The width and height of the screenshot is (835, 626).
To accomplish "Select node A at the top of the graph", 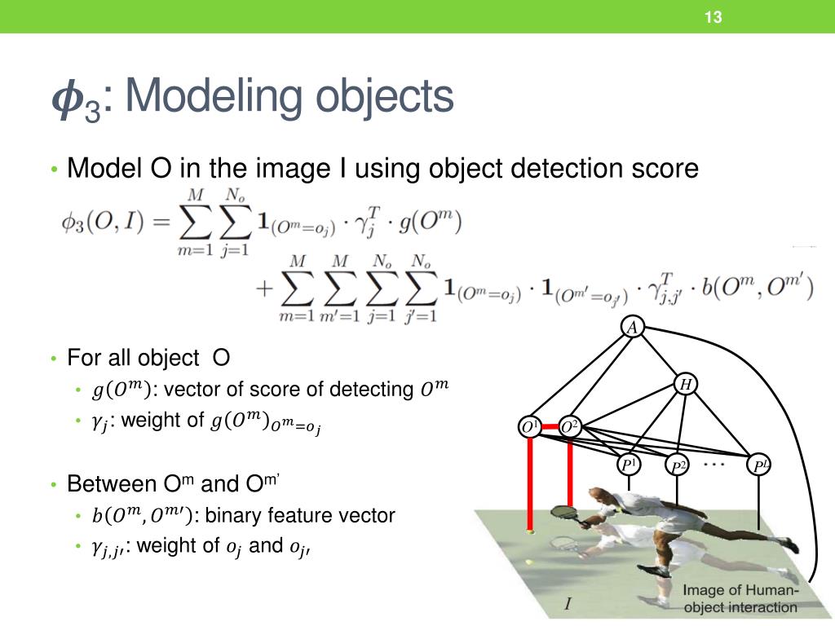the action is [x=633, y=328].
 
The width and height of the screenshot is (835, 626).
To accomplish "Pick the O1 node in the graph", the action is [x=530, y=426].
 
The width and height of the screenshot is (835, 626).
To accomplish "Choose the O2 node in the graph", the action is [x=569, y=426].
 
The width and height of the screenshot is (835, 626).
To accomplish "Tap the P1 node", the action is [x=629, y=465].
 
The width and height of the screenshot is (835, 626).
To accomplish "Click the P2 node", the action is [x=678, y=466].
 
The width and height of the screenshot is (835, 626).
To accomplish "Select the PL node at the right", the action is [x=761, y=466].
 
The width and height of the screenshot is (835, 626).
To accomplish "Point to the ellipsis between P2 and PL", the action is [x=714, y=464].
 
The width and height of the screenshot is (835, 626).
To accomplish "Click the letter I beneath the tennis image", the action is [x=568, y=604].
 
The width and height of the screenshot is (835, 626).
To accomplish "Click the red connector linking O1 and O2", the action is [x=550, y=426].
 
